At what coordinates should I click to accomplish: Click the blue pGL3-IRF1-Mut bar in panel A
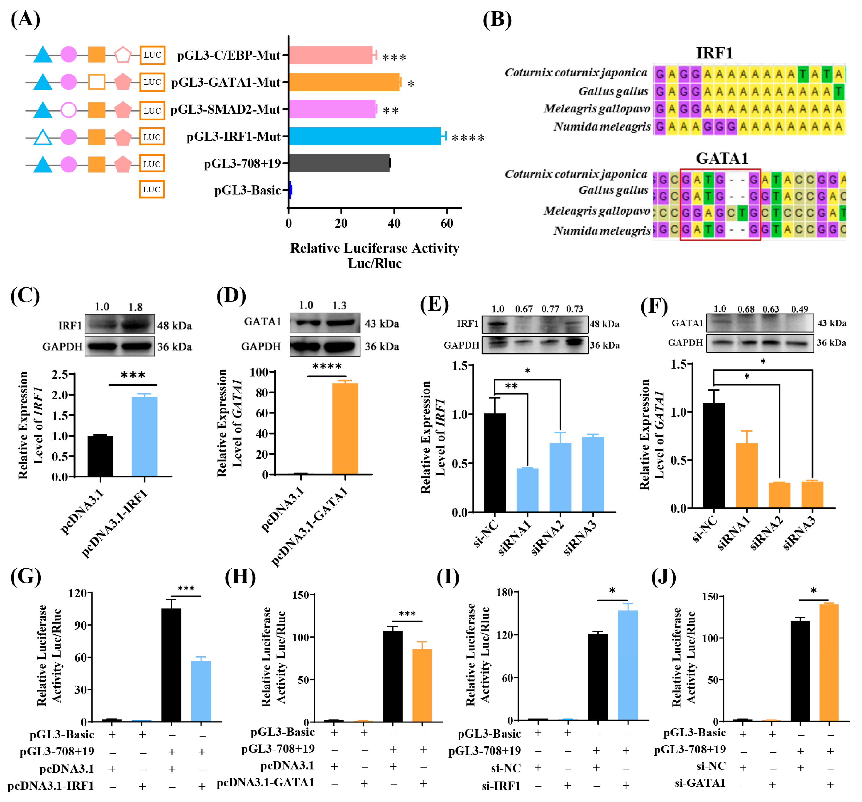pos(364,136)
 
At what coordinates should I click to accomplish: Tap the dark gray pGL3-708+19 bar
pos(339,163)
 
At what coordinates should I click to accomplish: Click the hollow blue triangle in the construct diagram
pos(43,138)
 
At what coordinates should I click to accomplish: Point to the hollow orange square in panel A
pos(97,82)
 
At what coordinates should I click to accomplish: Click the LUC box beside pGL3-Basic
pos(152,189)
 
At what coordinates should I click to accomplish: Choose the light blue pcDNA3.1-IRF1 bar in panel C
pos(144,436)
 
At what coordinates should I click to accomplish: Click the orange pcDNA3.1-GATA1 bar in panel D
pos(345,428)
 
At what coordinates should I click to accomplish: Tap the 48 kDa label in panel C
pos(174,325)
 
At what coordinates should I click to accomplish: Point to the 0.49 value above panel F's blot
pos(799,309)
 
